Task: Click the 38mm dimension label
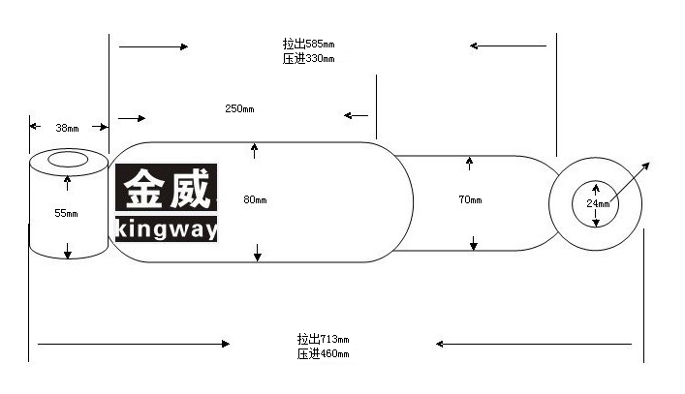pyautogui.click(x=67, y=128)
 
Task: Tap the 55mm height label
pyautogui.click(x=66, y=213)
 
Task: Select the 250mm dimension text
pyautogui.click(x=239, y=108)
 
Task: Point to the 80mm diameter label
pyautogui.click(x=255, y=199)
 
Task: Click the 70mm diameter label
pyautogui.click(x=470, y=199)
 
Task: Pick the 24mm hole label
pyautogui.click(x=598, y=203)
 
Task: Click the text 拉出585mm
pyautogui.click(x=308, y=44)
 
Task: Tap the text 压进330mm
pyautogui.click(x=308, y=58)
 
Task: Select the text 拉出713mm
pyautogui.click(x=323, y=339)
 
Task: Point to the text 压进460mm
pyautogui.click(x=323, y=353)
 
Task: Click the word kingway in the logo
pyautogui.click(x=167, y=228)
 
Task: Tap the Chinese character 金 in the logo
pyautogui.click(x=144, y=189)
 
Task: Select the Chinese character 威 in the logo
pyautogui.click(x=190, y=189)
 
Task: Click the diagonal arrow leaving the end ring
pyautogui.click(x=630, y=182)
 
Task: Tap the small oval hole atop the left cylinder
pyautogui.click(x=68, y=160)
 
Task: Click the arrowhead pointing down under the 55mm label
pyautogui.click(x=67, y=254)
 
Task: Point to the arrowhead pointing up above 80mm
pyautogui.click(x=254, y=146)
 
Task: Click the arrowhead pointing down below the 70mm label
pyautogui.click(x=474, y=246)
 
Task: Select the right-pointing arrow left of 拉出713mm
pyautogui.click(x=134, y=344)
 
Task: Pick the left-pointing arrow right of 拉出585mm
pyautogui.click(x=508, y=45)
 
